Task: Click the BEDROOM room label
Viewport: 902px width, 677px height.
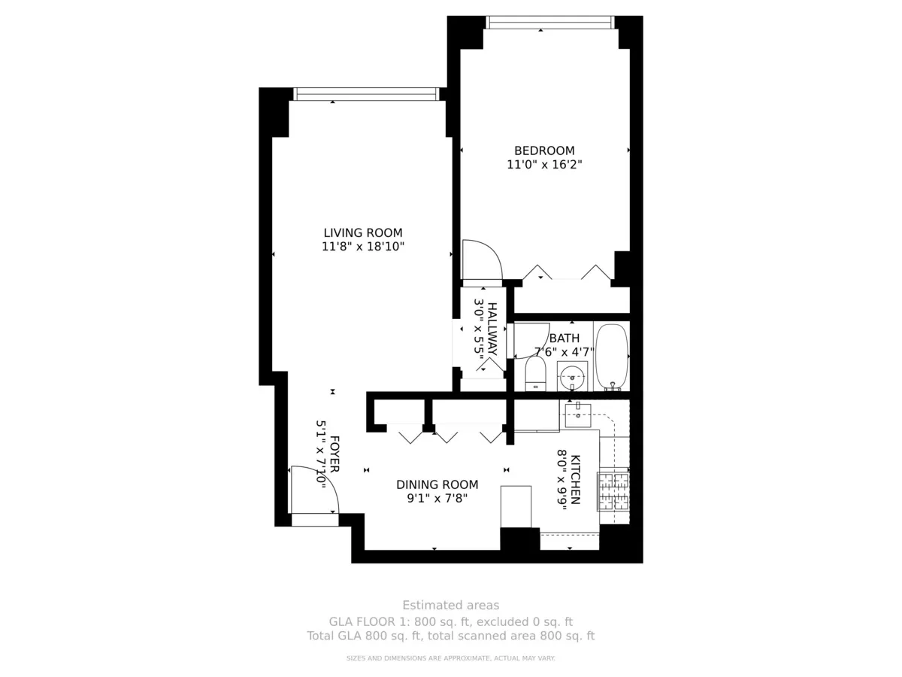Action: click(544, 150)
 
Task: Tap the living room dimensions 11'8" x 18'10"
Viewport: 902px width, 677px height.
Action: click(363, 247)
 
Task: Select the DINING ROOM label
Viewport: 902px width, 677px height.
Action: click(437, 484)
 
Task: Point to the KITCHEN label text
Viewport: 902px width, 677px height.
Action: click(575, 479)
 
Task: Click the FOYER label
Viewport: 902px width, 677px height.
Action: click(334, 454)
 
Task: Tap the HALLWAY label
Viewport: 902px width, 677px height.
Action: click(492, 329)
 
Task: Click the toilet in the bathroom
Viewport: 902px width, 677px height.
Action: click(535, 374)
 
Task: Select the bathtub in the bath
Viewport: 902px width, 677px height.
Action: click(613, 357)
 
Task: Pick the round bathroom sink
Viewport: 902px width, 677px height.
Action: click(573, 376)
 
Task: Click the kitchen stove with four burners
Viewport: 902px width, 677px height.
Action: click(613, 491)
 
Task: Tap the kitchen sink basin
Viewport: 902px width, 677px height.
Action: click(578, 415)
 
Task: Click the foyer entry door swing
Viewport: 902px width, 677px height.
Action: click(315, 490)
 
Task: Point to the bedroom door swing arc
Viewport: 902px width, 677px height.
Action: click(483, 260)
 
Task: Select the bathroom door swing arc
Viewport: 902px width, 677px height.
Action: click(531, 341)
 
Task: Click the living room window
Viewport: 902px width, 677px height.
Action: click(367, 94)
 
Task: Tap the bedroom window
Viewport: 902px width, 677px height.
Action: click(550, 23)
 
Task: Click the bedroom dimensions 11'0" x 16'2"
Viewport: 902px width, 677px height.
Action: click(544, 165)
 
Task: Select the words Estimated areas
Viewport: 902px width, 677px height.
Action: click(451, 605)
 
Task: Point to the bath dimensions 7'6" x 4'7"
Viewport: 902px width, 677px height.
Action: click(565, 352)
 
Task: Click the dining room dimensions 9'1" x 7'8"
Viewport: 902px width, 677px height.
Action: click(437, 499)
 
